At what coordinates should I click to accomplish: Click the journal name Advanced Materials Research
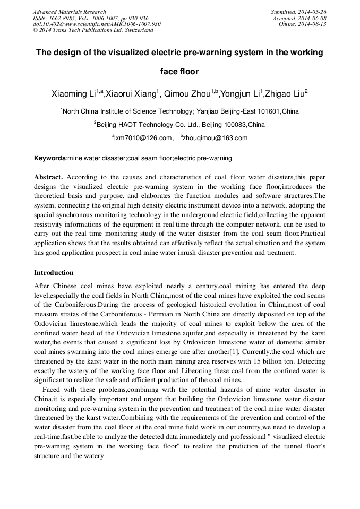pos(69,12)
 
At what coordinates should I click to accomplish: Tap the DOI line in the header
pos(97,24)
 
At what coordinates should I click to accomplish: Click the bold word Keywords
pos(50,158)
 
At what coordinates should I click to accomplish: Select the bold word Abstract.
pos(49,177)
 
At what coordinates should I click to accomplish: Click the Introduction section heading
pos(54,273)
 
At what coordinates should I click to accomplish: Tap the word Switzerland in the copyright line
pos(138,30)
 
